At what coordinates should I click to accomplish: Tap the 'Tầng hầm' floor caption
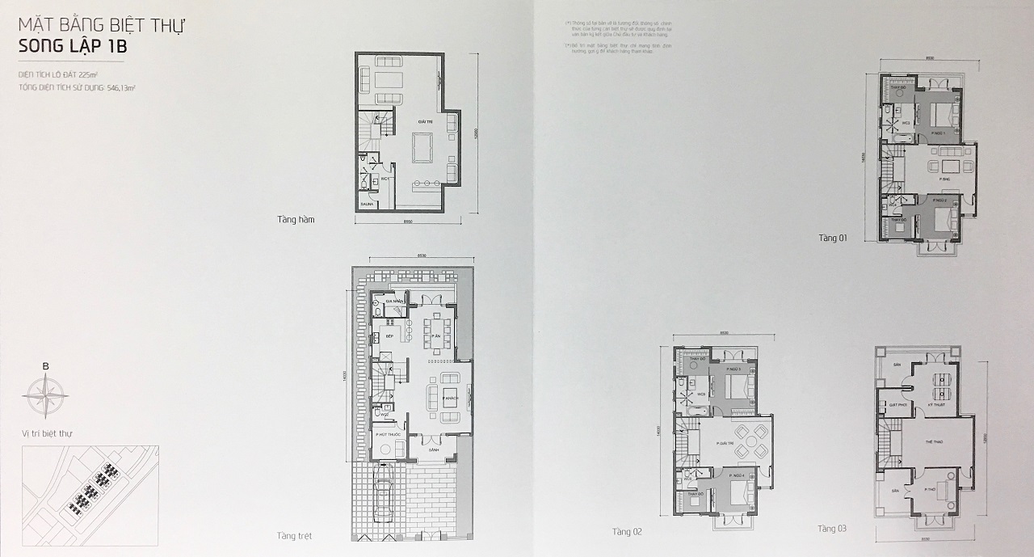tap(296, 219)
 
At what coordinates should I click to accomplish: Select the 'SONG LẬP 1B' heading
tap(73, 47)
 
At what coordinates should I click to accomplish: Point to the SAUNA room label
tap(367, 205)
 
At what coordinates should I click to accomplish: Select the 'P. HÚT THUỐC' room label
tap(388, 435)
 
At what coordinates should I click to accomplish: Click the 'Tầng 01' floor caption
tap(831, 238)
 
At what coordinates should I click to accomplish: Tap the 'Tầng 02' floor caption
tap(627, 531)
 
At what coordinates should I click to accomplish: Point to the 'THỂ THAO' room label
tap(934, 441)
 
